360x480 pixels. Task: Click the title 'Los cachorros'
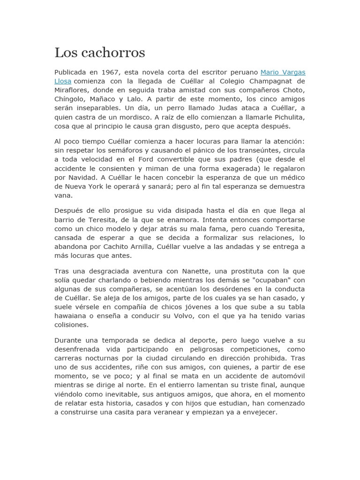99,52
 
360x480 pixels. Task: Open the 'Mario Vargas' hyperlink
283,72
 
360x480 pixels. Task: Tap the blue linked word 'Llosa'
63,81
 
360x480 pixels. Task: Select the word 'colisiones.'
71,325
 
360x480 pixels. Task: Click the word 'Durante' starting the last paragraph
68,340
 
